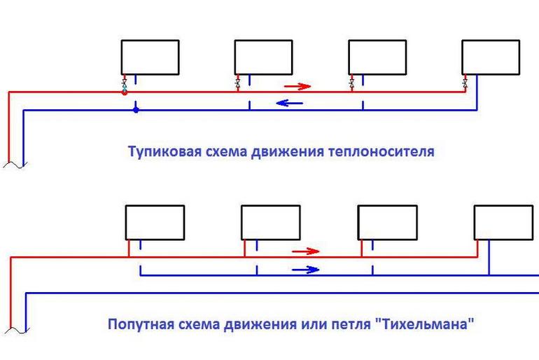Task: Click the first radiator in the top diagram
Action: (x=150, y=57)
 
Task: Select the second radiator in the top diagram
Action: (x=263, y=57)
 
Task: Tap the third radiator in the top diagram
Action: (x=377, y=57)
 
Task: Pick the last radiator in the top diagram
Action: (x=491, y=57)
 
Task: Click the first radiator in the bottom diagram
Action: (x=155, y=222)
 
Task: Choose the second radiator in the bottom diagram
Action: (x=271, y=222)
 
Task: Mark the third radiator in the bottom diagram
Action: (x=387, y=222)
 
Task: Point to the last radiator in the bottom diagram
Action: (x=503, y=222)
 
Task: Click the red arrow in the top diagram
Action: (x=297, y=87)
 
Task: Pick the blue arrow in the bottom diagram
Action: (x=306, y=269)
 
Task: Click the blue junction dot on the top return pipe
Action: (x=136, y=109)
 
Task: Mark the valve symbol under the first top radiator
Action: (x=125, y=84)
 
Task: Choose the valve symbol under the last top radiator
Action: (x=465, y=84)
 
